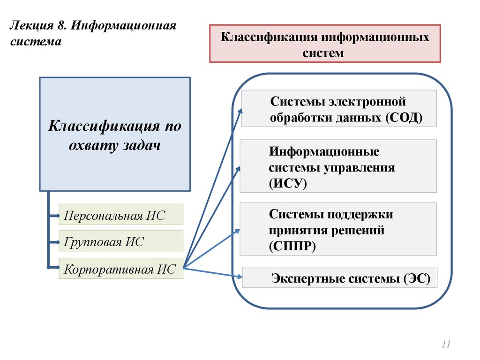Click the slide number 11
point(445,345)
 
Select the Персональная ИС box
point(121,215)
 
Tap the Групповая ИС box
point(121,242)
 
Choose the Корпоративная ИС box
point(121,269)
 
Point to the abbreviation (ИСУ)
point(288,183)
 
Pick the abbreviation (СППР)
point(292,246)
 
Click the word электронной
point(367,102)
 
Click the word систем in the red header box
point(323,52)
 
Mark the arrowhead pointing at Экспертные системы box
point(239,277)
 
